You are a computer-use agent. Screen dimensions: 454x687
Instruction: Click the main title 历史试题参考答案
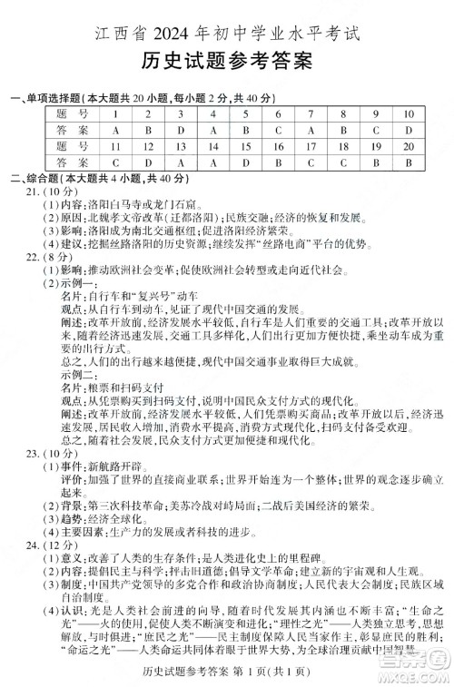227,62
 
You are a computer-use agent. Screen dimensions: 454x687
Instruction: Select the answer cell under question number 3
181,130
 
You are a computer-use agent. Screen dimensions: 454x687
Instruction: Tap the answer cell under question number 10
408,130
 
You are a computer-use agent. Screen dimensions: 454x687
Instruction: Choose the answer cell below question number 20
408,162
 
